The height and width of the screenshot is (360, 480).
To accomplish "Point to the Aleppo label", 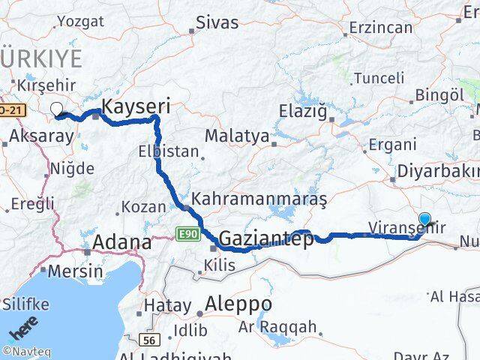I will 240,304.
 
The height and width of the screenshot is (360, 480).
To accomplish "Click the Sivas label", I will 217,22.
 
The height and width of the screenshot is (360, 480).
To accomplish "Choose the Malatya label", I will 237,136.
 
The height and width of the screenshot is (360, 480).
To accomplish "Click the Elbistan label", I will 169,151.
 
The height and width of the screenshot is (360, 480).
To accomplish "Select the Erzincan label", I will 382,28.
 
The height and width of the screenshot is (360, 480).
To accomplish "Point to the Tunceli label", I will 379,78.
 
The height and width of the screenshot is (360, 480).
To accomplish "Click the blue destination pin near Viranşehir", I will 425,220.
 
